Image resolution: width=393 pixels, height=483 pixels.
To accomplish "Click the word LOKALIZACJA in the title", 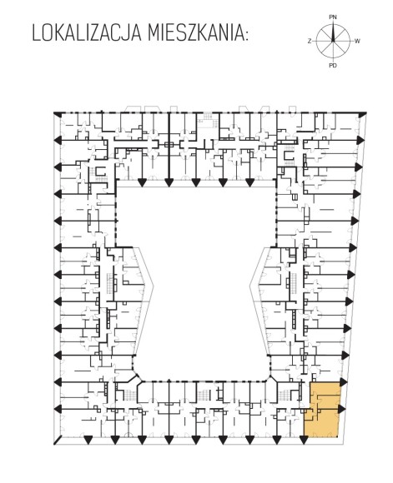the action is tap(87, 32).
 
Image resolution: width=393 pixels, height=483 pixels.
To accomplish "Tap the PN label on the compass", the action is tap(333, 17).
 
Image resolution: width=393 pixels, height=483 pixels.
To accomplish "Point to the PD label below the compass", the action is tap(333, 65).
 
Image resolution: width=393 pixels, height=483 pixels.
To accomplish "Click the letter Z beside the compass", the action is tap(310, 41).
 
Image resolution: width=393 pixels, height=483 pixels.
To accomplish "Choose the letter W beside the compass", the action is tap(357, 41).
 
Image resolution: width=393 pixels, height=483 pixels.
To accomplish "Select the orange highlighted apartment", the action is tap(323, 409).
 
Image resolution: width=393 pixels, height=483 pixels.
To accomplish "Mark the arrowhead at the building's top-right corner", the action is tap(363, 114).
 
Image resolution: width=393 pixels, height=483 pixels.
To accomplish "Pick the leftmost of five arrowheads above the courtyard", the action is tap(142, 182).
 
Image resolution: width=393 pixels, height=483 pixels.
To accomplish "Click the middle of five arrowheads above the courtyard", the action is tap(196, 182).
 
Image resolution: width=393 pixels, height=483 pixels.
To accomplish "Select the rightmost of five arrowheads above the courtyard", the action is tap(249, 182).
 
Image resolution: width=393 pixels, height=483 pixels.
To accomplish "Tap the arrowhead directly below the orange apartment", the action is tap(304, 441).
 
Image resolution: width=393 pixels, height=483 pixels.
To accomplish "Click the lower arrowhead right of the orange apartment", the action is tap(342, 409).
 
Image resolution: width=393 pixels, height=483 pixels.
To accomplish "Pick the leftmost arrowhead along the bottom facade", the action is tap(88, 441).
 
